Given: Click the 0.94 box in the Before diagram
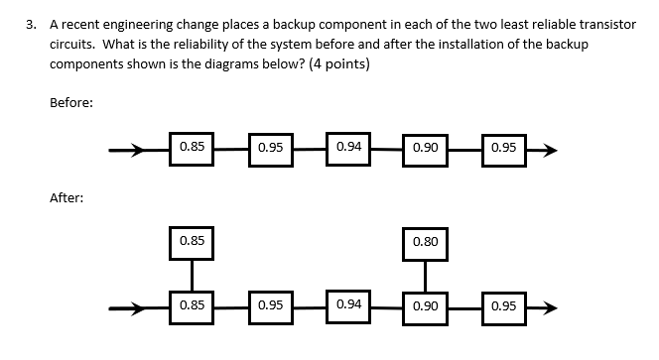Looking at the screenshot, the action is click(x=348, y=149).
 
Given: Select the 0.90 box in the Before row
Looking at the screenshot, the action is click(x=426, y=149).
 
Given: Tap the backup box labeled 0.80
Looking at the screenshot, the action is click(x=426, y=242).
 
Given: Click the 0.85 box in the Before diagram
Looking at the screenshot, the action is click(x=192, y=149).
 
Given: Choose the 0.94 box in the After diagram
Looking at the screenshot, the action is click(x=348, y=305).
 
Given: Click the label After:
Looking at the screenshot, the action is click(x=67, y=198).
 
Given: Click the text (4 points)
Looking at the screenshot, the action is click(x=338, y=65).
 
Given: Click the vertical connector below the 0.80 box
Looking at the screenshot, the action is click(x=426, y=274).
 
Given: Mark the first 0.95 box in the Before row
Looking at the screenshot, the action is click(x=270, y=149).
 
